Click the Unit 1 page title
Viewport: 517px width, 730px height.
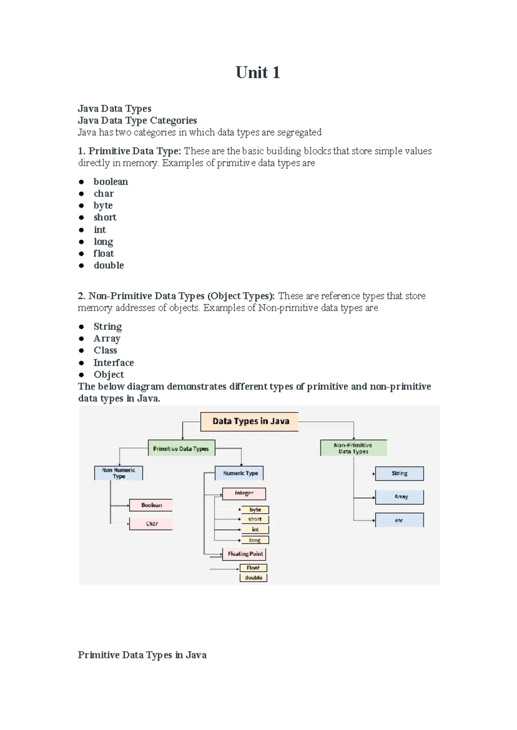point(258,72)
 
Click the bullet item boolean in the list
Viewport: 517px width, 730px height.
point(111,181)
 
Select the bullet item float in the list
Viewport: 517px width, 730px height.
point(104,253)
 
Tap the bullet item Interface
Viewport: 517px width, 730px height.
point(114,362)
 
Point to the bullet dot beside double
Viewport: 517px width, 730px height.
point(81,265)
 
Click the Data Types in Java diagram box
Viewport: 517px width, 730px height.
point(249,421)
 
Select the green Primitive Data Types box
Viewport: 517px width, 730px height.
point(181,449)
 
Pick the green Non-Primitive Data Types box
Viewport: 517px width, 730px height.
point(353,448)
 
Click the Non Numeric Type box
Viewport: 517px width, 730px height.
point(118,473)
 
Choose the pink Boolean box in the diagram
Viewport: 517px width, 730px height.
point(151,505)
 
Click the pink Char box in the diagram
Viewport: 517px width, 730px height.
point(151,524)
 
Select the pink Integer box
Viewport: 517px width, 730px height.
point(244,493)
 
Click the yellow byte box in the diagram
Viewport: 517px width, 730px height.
point(255,510)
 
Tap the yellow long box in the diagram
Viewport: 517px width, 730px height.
point(255,540)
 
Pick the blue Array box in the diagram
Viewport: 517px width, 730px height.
point(400,497)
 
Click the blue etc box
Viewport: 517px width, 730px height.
point(400,520)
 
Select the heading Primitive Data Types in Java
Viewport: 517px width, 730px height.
point(142,655)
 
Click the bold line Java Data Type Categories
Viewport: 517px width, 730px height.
point(137,120)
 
